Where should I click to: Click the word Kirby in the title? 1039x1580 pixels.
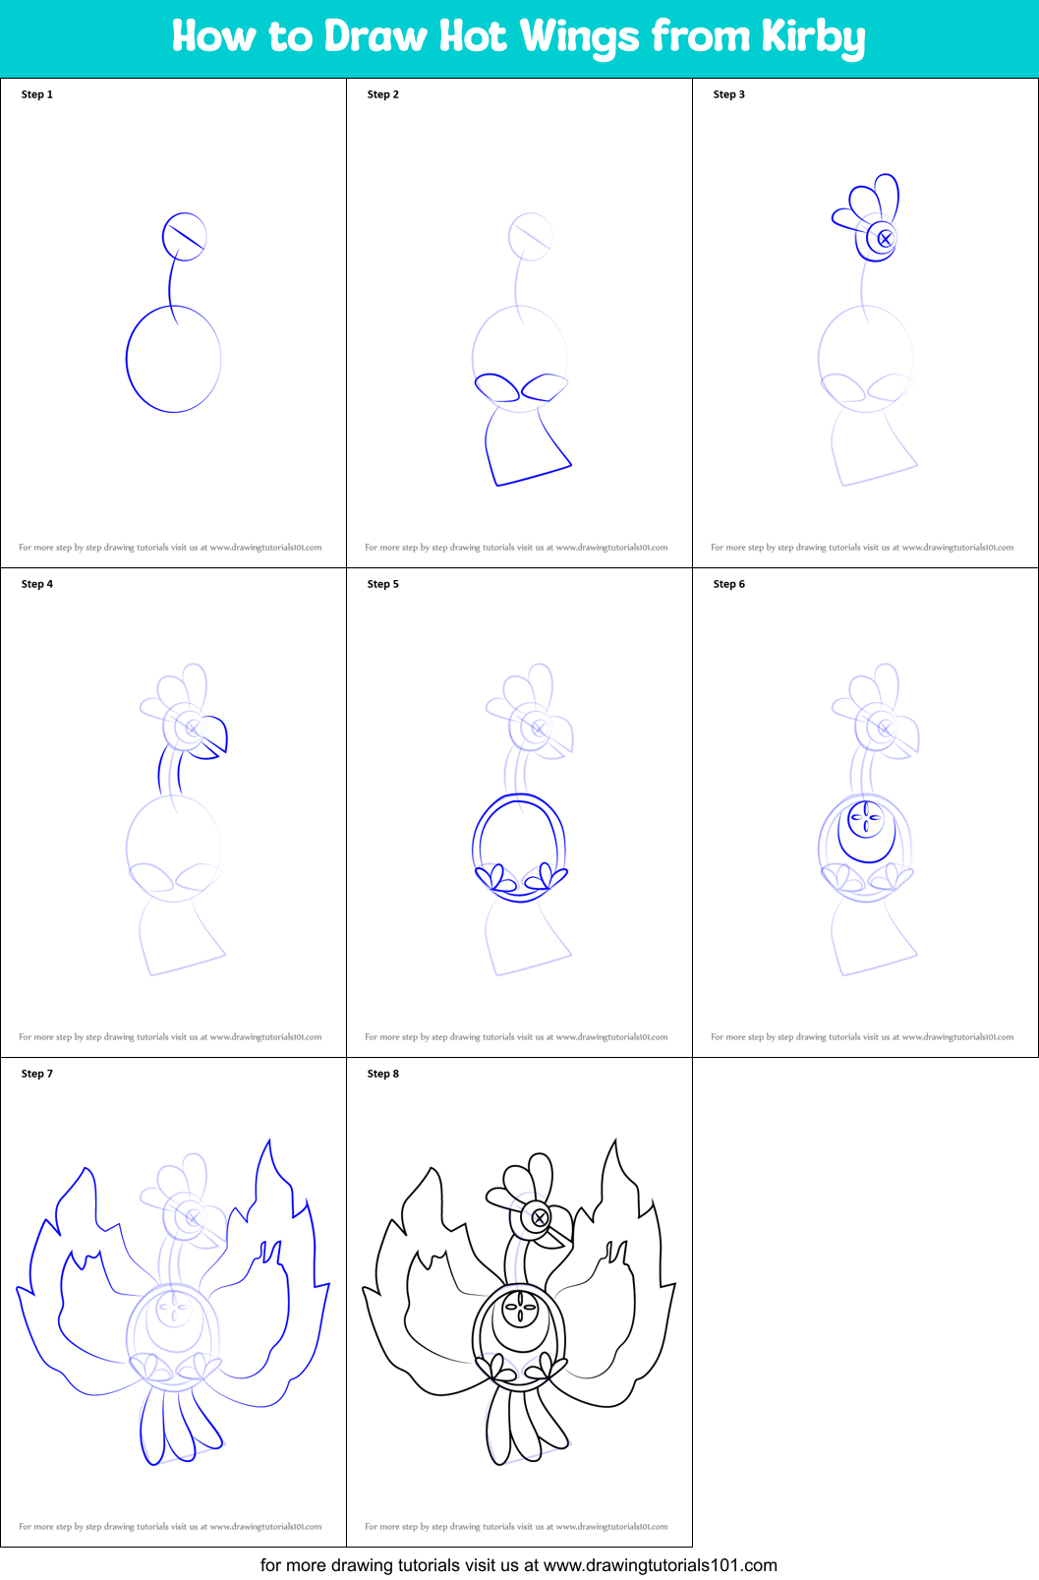(x=813, y=37)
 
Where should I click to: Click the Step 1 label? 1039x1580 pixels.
(x=37, y=94)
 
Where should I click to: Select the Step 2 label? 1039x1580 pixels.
(x=383, y=94)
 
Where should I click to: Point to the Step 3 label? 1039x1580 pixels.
(x=729, y=94)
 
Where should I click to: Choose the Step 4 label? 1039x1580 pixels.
(x=37, y=584)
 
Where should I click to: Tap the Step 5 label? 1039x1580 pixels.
(x=383, y=584)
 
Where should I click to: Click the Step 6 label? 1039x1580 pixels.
(x=729, y=584)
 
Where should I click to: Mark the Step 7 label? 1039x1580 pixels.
(x=37, y=1074)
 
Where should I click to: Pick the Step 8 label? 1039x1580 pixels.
(x=383, y=1074)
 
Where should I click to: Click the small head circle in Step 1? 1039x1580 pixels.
(x=184, y=236)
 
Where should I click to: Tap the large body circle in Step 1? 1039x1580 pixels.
(x=173, y=359)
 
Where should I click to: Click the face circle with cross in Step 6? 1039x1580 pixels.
(x=866, y=817)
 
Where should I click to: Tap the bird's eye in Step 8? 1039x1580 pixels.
(x=540, y=1218)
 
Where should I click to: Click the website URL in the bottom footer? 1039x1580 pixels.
(x=660, y=1565)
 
